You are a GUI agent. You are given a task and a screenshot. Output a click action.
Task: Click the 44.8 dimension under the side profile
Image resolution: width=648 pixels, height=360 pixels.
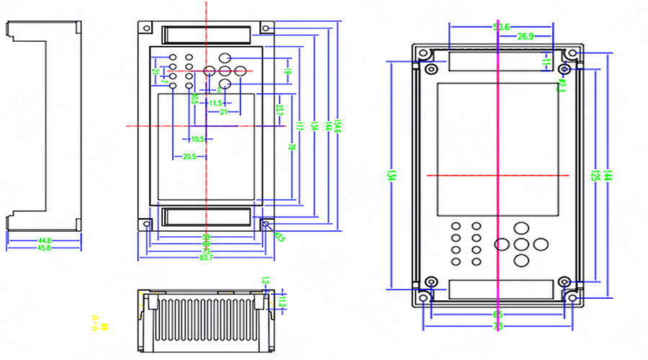pos(45,240)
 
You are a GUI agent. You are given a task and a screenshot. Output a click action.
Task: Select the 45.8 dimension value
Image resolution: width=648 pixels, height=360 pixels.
pos(45,248)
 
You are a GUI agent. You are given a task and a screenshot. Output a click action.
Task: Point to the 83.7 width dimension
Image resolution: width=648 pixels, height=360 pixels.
pos(206,258)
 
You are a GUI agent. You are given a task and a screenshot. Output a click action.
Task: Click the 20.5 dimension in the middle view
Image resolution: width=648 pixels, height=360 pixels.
pos(189,157)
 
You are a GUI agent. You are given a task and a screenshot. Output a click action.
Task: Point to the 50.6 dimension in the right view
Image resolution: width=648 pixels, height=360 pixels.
pos(502,27)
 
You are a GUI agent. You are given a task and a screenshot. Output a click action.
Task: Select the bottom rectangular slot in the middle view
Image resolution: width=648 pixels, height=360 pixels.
pos(206,217)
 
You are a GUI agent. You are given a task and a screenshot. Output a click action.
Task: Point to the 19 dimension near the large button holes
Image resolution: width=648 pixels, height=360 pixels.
pos(287,71)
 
